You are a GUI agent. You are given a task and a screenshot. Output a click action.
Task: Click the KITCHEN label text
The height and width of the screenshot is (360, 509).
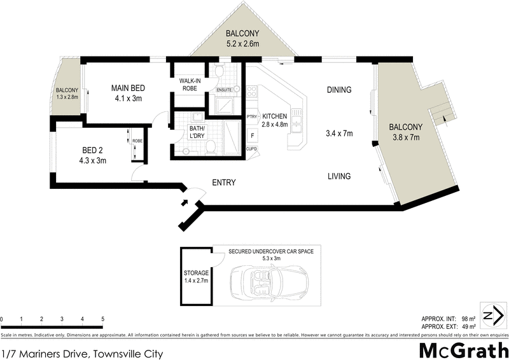[x=274, y=116]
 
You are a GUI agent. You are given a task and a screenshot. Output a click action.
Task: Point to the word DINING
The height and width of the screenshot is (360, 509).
[x=339, y=90]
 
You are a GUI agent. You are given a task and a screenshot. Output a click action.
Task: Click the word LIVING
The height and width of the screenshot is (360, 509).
[x=338, y=176]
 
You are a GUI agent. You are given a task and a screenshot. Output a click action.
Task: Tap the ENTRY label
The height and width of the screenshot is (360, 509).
[x=224, y=183]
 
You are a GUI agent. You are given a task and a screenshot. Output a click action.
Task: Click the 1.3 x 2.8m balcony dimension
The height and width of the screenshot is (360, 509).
[x=67, y=97]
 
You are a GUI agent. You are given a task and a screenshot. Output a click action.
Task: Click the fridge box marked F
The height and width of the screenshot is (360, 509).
[x=253, y=135]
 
